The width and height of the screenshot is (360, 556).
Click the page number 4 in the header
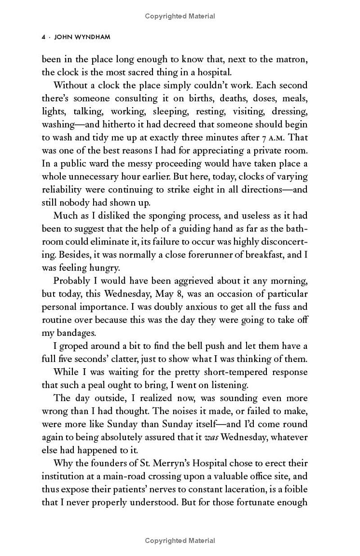pos(43,37)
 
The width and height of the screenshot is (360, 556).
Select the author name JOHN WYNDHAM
pos(82,37)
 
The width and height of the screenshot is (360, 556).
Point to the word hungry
pos(102,268)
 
